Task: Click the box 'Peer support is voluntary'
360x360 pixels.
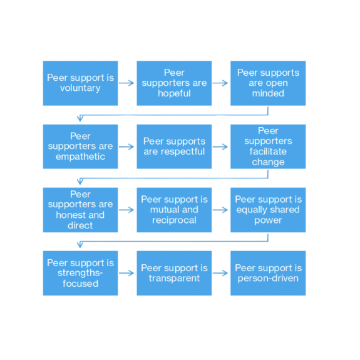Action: click(x=80, y=83)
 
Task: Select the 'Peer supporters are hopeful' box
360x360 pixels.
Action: click(x=174, y=83)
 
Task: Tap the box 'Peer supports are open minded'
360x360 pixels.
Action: click(x=268, y=83)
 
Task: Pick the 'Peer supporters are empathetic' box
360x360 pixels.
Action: click(x=80, y=147)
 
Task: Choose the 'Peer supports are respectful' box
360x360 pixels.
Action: click(x=174, y=147)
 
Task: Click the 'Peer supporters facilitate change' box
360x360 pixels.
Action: click(x=268, y=147)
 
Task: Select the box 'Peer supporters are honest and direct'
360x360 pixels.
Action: click(x=80, y=210)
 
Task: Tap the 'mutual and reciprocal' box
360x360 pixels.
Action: click(x=174, y=210)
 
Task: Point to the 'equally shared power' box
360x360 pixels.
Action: click(x=268, y=210)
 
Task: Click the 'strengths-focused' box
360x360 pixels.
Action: click(x=80, y=273)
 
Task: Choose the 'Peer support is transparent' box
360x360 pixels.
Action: click(x=174, y=273)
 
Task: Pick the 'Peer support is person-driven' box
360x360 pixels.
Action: click(x=268, y=273)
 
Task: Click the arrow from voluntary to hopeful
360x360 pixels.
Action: click(x=127, y=83)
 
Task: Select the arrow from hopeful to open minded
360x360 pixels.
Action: click(x=221, y=83)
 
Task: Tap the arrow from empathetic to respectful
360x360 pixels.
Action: click(x=127, y=147)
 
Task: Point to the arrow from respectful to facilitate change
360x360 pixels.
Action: click(x=221, y=147)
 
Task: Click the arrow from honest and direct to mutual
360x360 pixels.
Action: click(x=127, y=210)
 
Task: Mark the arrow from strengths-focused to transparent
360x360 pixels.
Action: click(x=127, y=273)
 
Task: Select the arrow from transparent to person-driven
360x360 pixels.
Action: click(x=221, y=273)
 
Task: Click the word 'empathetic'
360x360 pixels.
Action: click(x=80, y=157)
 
